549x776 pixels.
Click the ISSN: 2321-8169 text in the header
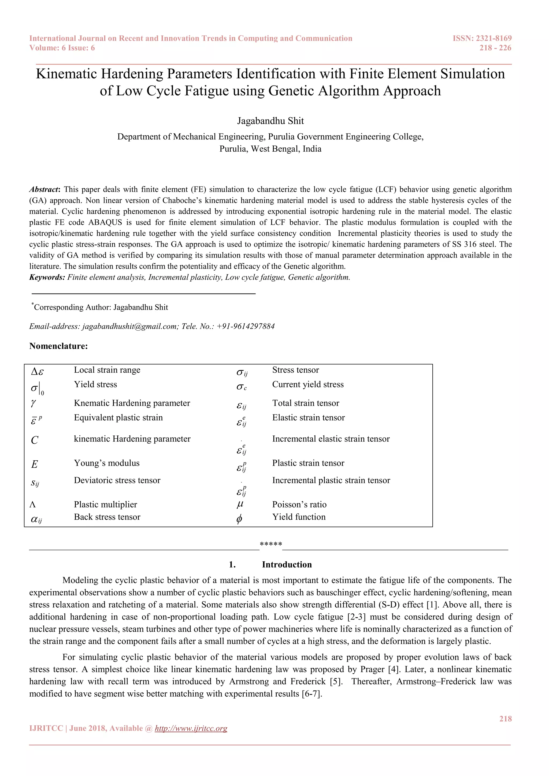(x=482, y=38)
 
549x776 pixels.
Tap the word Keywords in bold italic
(x=47, y=277)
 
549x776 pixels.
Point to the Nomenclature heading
(x=58, y=346)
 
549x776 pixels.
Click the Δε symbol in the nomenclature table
(x=37, y=372)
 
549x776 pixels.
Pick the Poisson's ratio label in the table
(x=299, y=504)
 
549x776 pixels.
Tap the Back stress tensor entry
(x=107, y=517)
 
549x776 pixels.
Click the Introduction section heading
(x=287, y=564)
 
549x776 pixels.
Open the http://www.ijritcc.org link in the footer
(x=191, y=728)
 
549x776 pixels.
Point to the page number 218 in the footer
(x=505, y=719)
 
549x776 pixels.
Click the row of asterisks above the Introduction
(x=271, y=544)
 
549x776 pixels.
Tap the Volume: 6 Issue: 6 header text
(x=62, y=48)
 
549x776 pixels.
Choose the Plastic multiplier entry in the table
(x=105, y=504)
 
